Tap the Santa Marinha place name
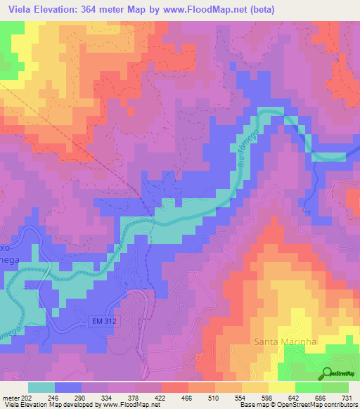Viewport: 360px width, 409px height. pyautogui.click(x=281, y=342)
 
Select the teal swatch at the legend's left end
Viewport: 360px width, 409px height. pyautogui.click(x=41, y=387)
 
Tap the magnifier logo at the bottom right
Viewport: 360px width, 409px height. pyautogui.click(x=326, y=373)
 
